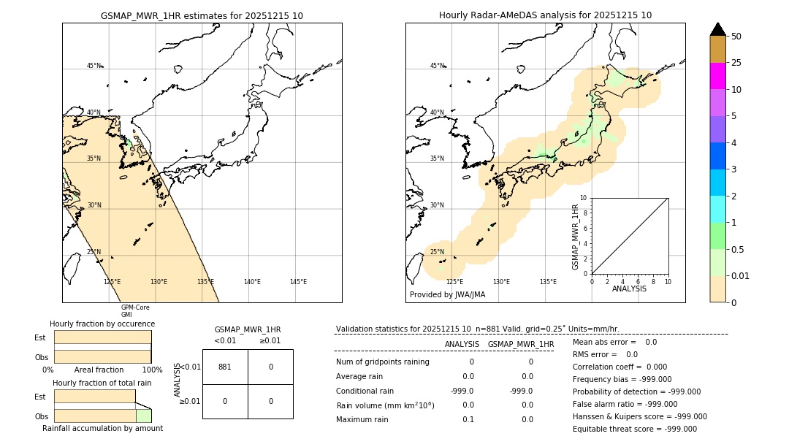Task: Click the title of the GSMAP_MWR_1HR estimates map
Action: click(x=202, y=15)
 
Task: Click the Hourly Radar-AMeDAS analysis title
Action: click(x=545, y=15)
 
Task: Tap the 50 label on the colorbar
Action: click(x=737, y=37)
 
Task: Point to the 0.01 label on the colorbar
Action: click(x=740, y=275)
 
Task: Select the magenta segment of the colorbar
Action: click(x=718, y=76)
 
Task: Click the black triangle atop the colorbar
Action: click(x=718, y=29)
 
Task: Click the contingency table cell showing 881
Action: click(x=225, y=367)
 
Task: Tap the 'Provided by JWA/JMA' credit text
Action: click(x=447, y=295)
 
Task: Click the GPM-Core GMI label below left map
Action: click(x=135, y=311)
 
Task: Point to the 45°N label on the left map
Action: click(x=94, y=66)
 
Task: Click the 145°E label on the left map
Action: click(x=298, y=282)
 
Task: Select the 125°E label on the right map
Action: click(x=454, y=282)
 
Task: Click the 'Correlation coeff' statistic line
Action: click(x=620, y=367)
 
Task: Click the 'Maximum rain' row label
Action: click(x=363, y=419)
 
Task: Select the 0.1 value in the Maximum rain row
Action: click(x=468, y=419)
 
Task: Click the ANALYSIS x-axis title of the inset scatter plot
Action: click(x=629, y=289)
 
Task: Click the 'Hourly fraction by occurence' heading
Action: click(x=102, y=324)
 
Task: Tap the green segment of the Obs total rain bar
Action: click(x=144, y=416)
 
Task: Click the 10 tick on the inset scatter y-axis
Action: click(x=584, y=198)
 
